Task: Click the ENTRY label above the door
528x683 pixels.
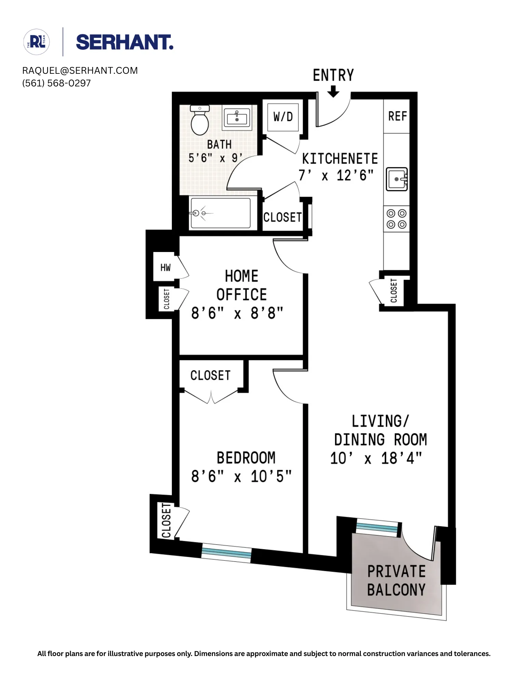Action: click(x=333, y=75)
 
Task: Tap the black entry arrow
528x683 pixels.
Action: click(x=333, y=91)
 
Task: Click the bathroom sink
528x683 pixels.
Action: click(x=237, y=118)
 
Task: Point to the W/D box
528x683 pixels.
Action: click(x=283, y=117)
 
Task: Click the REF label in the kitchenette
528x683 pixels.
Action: click(x=397, y=116)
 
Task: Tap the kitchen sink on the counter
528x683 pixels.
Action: click(x=396, y=179)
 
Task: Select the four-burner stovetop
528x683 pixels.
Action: click(x=396, y=219)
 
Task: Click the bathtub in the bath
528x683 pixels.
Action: click(x=220, y=213)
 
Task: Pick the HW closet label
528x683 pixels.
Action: click(x=165, y=267)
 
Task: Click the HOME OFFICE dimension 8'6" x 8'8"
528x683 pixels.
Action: click(x=237, y=313)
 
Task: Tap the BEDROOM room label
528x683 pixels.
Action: click(x=246, y=458)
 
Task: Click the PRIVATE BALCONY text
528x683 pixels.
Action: click(x=396, y=581)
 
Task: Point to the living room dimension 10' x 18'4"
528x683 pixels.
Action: click(x=376, y=458)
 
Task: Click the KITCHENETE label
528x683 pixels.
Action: click(x=340, y=159)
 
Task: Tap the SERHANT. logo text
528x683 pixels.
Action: click(x=124, y=42)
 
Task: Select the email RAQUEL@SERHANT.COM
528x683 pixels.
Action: click(x=80, y=71)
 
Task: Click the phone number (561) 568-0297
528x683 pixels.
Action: click(x=56, y=83)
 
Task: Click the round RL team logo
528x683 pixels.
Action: click(x=37, y=42)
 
